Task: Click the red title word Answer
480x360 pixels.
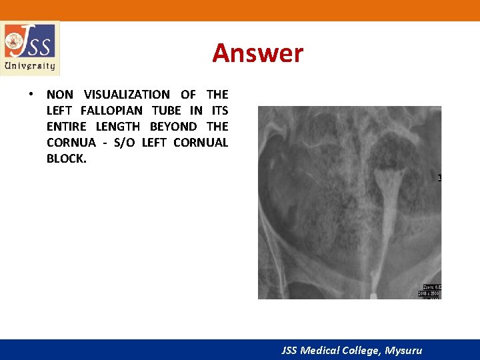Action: click(x=257, y=53)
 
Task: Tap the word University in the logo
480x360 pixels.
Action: click(x=29, y=65)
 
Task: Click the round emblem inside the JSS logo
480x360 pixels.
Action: click(x=13, y=43)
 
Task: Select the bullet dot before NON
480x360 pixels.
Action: click(x=31, y=95)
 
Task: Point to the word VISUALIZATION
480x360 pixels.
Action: click(x=127, y=95)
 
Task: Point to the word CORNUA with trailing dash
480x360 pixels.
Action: click(x=71, y=143)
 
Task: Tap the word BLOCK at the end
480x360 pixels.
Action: click(x=66, y=159)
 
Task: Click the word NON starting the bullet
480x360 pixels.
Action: click(x=60, y=95)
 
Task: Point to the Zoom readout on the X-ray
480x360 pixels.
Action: click(x=431, y=287)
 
